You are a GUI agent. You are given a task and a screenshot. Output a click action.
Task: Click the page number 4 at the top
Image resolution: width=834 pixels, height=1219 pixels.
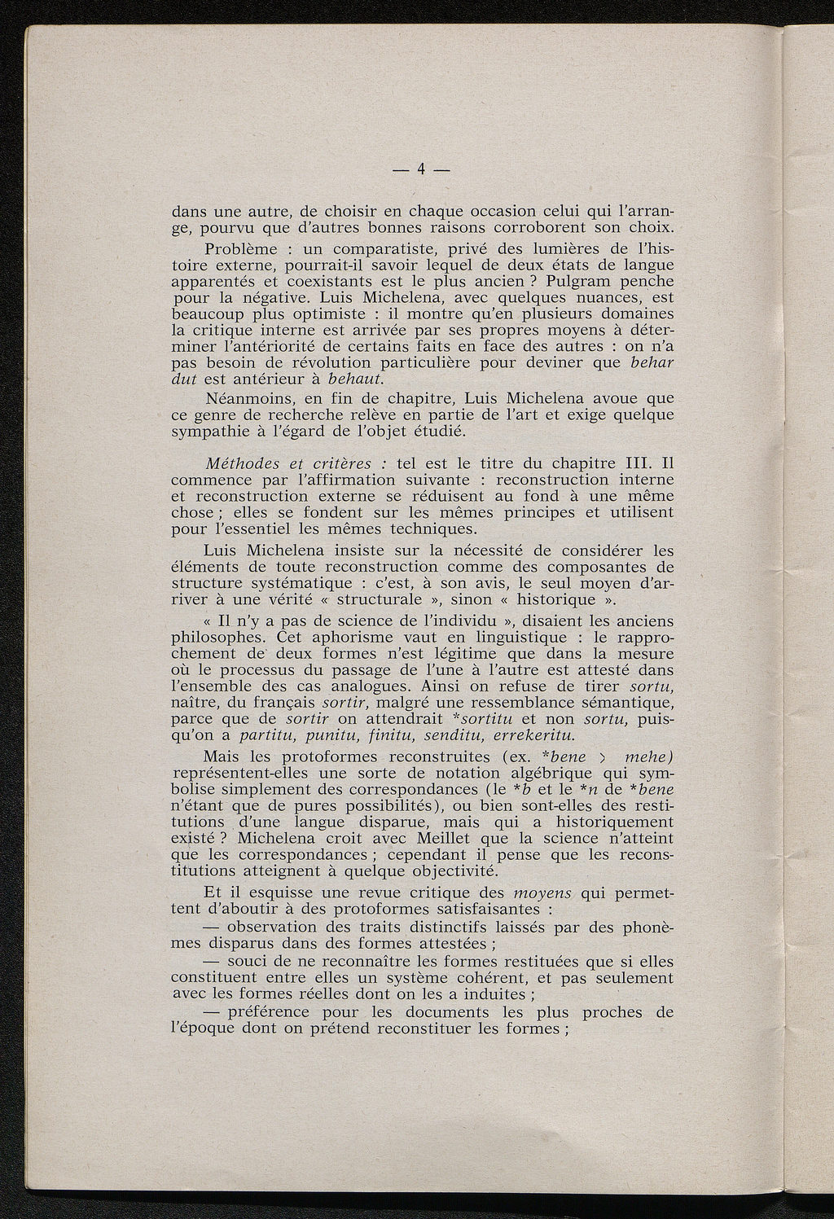tap(421, 169)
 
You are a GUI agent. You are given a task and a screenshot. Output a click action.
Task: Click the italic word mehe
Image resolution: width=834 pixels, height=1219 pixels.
tap(644, 756)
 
